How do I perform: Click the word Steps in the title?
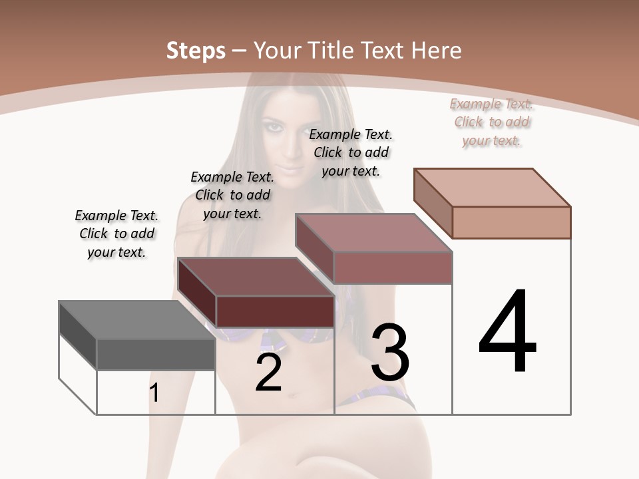click(196, 51)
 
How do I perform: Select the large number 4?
click(507, 333)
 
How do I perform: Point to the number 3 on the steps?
click(390, 353)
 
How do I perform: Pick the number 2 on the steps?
click(268, 374)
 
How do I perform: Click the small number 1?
click(154, 393)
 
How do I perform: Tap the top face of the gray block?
click(136, 319)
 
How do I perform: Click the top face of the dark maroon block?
click(256, 277)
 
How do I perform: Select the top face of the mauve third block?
click(373, 233)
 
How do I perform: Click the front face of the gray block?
click(156, 355)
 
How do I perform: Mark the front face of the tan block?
click(511, 222)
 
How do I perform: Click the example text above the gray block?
click(116, 234)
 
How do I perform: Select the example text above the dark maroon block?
click(232, 196)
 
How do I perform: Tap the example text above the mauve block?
click(351, 152)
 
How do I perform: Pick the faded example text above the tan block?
click(492, 122)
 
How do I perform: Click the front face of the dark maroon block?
click(275, 311)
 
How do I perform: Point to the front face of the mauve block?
click(393, 267)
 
